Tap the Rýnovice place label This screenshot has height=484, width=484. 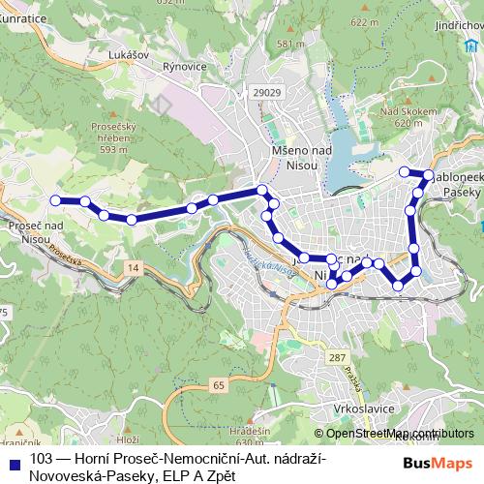(x=187, y=66)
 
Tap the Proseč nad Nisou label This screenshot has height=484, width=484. (x=34, y=231)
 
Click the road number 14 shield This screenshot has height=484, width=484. (x=132, y=265)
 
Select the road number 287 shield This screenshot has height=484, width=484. (x=336, y=358)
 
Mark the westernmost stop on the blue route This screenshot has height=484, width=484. (x=55, y=200)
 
